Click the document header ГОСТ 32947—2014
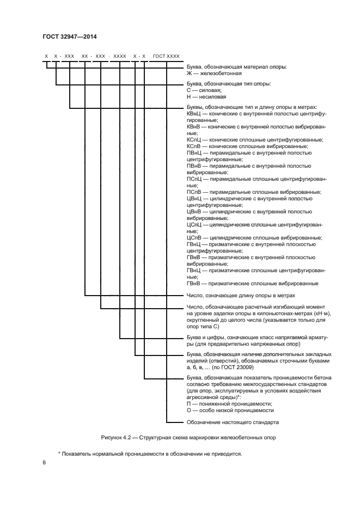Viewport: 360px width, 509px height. (x=69, y=37)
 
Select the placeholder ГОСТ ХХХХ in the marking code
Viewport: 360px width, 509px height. (x=166, y=56)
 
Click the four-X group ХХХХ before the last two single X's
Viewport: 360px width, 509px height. (x=120, y=56)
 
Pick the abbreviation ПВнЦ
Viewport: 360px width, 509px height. (x=194, y=153)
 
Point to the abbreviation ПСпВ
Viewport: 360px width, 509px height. (x=194, y=192)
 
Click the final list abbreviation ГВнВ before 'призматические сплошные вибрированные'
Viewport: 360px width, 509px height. (x=194, y=283)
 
